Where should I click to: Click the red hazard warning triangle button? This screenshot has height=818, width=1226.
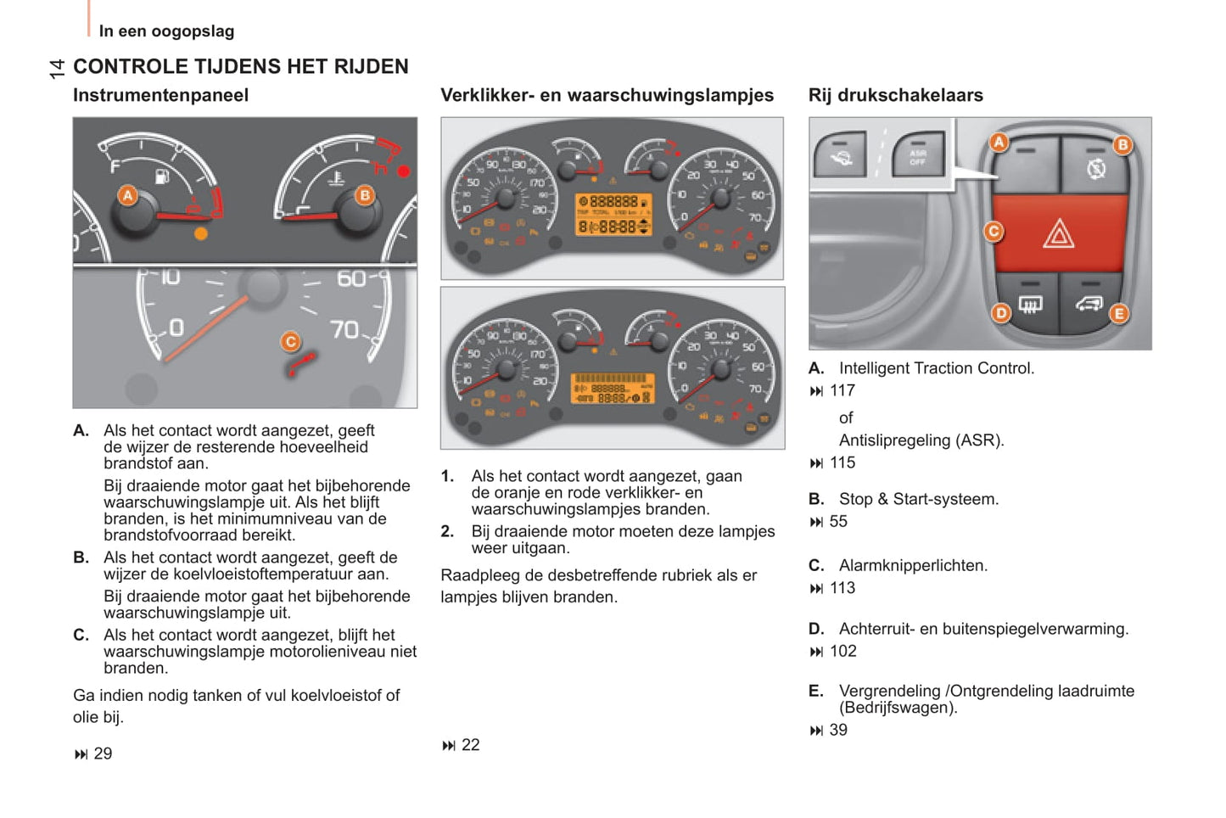point(1058,233)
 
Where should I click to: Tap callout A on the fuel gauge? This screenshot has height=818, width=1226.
point(127,196)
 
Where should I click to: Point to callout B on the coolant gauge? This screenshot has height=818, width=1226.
point(364,195)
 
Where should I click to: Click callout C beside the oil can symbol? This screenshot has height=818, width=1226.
point(290,341)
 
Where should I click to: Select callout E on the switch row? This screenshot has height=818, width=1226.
point(1119,313)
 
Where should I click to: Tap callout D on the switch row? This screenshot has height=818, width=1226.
point(1001,312)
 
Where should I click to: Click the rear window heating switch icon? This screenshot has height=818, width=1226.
point(1030,304)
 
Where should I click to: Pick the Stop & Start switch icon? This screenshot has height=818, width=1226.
point(1095,170)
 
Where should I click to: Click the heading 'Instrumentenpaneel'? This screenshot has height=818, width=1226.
point(160,95)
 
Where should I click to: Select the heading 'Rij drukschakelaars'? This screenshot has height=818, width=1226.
point(895,95)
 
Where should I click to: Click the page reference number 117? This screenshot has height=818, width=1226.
point(842,390)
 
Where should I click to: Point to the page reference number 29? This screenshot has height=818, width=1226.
point(103,754)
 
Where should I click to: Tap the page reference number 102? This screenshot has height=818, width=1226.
point(843,651)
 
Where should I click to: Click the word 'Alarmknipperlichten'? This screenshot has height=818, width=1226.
point(912,565)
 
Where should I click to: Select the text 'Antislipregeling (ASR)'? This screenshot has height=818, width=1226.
point(921,440)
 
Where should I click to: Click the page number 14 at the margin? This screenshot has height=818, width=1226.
point(57,69)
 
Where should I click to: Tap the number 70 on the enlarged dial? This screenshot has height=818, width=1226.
point(344,329)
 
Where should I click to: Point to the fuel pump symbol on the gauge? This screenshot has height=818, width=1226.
point(162,176)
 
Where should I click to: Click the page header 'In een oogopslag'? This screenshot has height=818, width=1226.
point(166,31)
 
